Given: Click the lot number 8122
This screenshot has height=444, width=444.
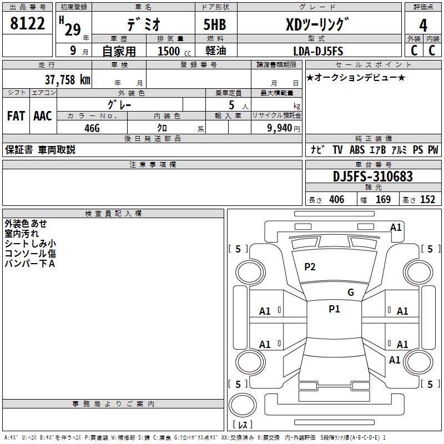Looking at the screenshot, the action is click(27, 23).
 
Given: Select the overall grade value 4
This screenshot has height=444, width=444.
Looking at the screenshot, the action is click(423, 26).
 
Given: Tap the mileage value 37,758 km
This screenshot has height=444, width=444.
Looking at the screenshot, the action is click(67, 80).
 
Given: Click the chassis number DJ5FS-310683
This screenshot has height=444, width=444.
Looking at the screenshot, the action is click(373, 176).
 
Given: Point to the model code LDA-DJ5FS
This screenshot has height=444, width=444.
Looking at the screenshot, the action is click(318, 51).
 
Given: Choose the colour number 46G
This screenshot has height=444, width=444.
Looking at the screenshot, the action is click(92, 128).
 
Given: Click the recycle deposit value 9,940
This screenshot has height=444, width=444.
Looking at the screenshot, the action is click(280, 128).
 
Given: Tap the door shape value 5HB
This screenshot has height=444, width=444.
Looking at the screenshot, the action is click(215, 24).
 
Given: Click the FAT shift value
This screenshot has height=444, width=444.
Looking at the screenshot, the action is click(16, 116).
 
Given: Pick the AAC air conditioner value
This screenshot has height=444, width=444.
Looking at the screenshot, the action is click(43, 116).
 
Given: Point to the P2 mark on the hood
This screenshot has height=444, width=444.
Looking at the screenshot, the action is click(310, 267).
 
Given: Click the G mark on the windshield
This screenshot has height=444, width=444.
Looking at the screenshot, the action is click(351, 292).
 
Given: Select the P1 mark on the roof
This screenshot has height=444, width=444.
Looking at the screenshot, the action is click(334, 309).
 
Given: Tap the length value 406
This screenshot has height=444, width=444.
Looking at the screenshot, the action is click(337, 199).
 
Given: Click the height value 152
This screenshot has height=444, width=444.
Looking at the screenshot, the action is click(427, 199).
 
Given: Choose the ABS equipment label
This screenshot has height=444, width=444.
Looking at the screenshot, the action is click(357, 149).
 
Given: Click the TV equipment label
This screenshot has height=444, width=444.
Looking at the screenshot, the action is click(337, 149).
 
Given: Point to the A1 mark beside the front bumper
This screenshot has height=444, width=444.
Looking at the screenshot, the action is click(396, 228).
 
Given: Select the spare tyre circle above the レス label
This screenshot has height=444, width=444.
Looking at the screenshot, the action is click(243, 405).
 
